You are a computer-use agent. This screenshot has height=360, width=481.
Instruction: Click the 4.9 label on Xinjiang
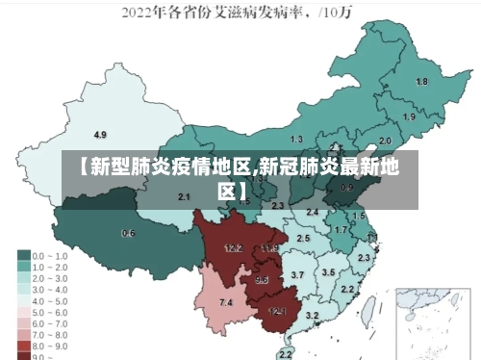(100, 134)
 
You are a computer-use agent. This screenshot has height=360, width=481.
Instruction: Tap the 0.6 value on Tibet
(128, 233)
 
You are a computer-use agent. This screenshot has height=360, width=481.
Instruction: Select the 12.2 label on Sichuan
(233, 248)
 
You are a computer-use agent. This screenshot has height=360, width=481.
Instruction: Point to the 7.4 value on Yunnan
(226, 303)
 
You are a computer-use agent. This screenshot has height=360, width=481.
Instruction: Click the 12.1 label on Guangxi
(277, 311)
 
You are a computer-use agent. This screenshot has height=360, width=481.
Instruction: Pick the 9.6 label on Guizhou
(262, 280)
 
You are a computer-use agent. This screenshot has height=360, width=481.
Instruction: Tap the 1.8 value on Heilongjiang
(421, 82)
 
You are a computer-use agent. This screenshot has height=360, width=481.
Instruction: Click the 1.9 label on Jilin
(410, 116)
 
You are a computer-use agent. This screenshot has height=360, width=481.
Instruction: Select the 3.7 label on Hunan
(297, 275)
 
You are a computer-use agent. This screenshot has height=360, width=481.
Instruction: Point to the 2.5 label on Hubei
(303, 238)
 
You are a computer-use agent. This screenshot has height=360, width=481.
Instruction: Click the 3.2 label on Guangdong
(312, 315)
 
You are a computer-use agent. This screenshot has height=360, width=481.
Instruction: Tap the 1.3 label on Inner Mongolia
(296, 140)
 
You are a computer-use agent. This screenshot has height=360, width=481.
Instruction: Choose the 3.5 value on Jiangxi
(328, 272)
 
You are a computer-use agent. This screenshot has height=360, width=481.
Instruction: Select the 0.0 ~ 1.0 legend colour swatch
(23, 257)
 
